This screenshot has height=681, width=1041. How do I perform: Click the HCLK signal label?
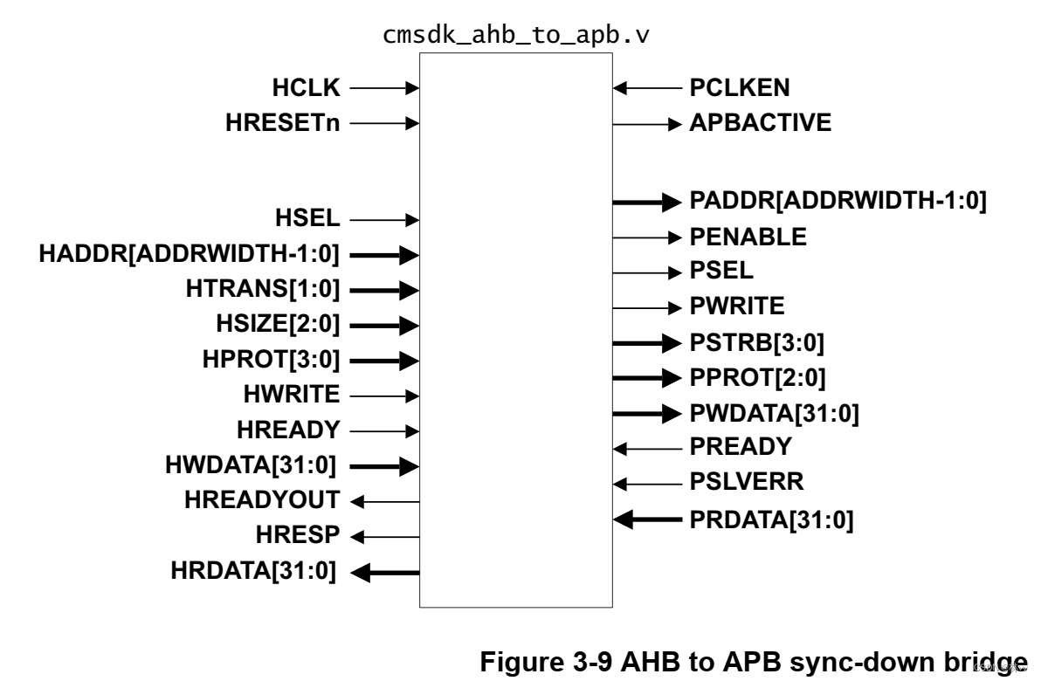306,87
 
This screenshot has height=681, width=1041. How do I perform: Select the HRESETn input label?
280,123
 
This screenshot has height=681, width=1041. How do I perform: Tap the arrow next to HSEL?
385,220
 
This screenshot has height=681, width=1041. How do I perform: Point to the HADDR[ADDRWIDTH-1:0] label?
190,255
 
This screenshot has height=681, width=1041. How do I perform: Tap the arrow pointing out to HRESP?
385,536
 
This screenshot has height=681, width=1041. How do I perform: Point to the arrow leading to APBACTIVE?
646,123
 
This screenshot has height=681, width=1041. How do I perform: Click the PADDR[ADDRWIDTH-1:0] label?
838,202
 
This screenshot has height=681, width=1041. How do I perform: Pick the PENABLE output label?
748,237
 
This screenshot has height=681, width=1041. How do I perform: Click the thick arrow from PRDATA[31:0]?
646,519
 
